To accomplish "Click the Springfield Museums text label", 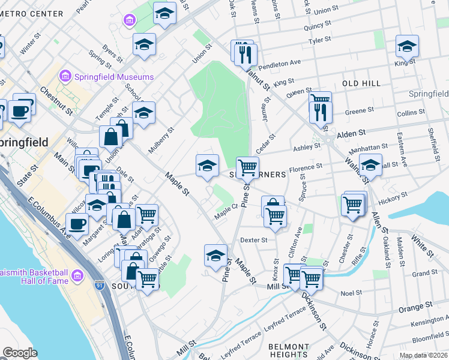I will [113, 77].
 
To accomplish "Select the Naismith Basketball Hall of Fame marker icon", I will [77, 275].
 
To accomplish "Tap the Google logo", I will [20, 353].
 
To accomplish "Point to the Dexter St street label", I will [253, 240].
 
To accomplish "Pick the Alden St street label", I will [351, 134].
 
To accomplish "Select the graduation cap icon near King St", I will [406, 46].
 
